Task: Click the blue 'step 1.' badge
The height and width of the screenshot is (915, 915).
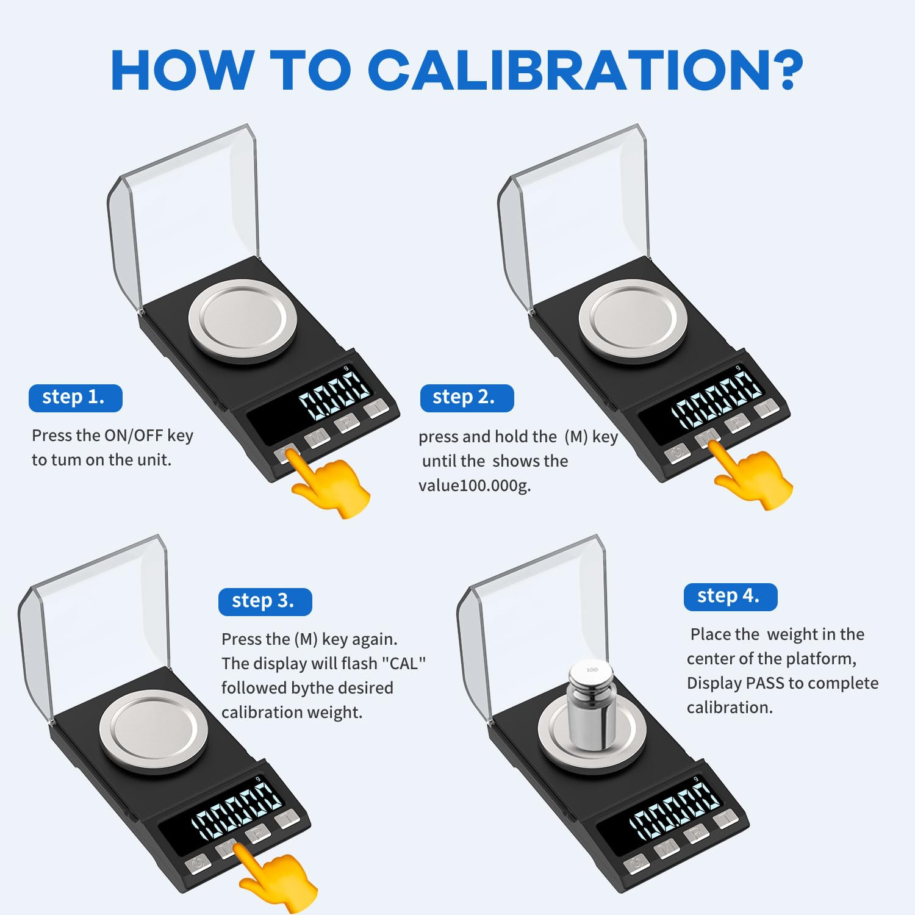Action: coord(75,398)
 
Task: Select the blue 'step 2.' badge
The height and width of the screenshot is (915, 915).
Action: coord(467,398)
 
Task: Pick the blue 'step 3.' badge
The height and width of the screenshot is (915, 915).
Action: coord(265,601)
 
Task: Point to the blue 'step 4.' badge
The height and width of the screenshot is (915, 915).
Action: coord(730,597)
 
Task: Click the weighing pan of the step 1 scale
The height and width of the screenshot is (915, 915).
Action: coord(243,320)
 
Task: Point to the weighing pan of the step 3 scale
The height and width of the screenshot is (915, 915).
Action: coord(153,730)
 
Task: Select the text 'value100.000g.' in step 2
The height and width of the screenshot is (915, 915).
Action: coord(475,486)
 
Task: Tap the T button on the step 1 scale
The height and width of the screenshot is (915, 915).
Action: coord(377,407)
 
